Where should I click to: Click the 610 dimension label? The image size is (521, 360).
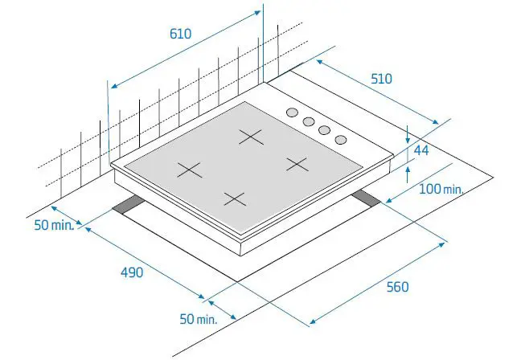pyautogui.click(x=180, y=34)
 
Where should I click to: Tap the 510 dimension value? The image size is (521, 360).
pyautogui.click(x=381, y=79)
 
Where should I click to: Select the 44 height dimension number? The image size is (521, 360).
pyautogui.click(x=421, y=150)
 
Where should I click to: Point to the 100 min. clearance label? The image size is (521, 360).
pyautogui.click(x=441, y=190)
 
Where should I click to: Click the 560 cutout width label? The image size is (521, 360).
pyautogui.click(x=397, y=287)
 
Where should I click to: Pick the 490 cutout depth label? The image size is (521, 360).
pyautogui.click(x=132, y=272)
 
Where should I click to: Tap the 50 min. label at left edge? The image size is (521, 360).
pyautogui.click(x=54, y=225)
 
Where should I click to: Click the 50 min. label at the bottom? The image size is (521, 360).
pyautogui.click(x=199, y=319)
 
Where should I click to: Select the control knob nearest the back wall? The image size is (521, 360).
pyautogui.click(x=292, y=112)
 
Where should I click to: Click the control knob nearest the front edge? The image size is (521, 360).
pyautogui.click(x=341, y=140)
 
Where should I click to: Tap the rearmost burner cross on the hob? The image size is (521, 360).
pyautogui.click(x=252, y=137)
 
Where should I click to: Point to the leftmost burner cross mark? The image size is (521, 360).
pyautogui.click(x=190, y=170)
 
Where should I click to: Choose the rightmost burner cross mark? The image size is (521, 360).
pyautogui.click(x=297, y=165)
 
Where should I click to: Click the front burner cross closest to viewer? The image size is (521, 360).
pyautogui.click(x=235, y=199)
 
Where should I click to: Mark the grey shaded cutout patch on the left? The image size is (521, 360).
pyautogui.click(x=129, y=205)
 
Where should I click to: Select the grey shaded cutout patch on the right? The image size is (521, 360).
pyautogui.click(x=367, y=198)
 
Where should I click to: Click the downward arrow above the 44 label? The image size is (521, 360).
pyautogui.click(x=408, y=134)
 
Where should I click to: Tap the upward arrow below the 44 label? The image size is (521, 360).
pyautogui.click(x=408, y=174)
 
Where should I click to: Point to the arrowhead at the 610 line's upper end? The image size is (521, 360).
pyautogui.click(x=256, y=13)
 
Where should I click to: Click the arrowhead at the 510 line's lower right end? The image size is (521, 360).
pyautogui.click(x=435, y=121)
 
